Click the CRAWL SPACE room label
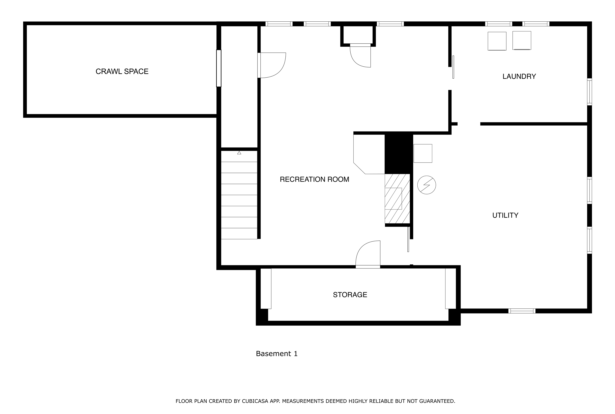point(122,71)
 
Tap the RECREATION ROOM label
point(314,179)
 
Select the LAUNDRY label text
point(519,76)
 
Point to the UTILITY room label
point(505,215)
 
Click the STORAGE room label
point(350,295)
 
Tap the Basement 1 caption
point(276,354)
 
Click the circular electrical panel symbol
point(426,185)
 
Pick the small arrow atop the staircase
point(239,153)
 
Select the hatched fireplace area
point(397,199)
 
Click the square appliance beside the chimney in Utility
point(423,153)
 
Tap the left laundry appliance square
point(497,41)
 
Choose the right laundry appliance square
point(522,40)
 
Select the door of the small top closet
point(360,55)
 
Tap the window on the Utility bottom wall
point(522,311)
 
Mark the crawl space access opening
point(219,68)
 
